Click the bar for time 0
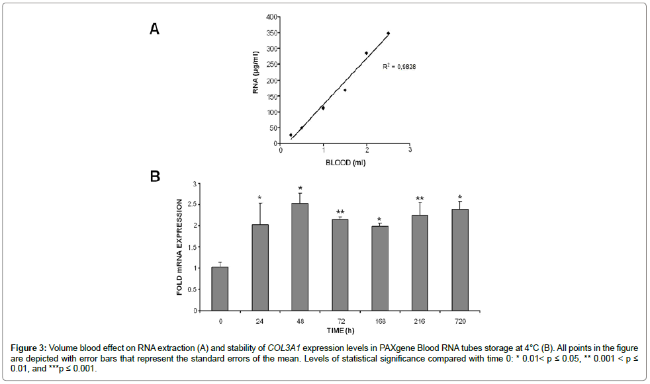pyautogui.click(x=220, y=289)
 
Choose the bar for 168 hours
pyautogui.click(x=379, y=268)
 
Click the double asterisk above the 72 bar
pyautogui.click(x=340, y=212)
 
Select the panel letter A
pyautogui.click(x=154, y=28)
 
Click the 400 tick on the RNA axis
pyautogui.click(x=271, y=17)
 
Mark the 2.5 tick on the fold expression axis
pyautogui.click(x=193, y=204)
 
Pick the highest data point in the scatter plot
pyautogui.click(x=388, y=33)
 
